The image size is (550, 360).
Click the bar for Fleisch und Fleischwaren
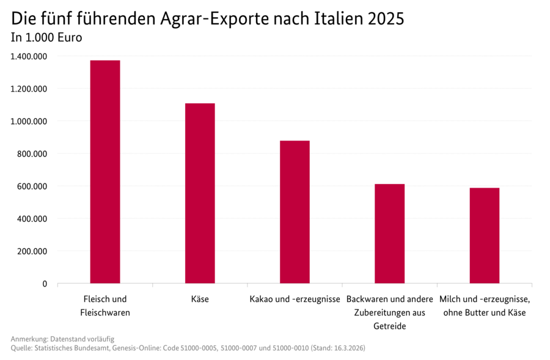[105, 172]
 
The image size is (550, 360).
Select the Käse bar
[200, 193]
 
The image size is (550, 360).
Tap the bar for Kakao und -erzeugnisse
[295, 212]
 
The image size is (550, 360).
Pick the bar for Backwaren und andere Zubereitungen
[389, 233]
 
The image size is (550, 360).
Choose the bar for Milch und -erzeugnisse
[485, 235]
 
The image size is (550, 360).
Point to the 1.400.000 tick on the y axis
[29, 56]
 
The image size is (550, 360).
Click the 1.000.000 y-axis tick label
[29, 121]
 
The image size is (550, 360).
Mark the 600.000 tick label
[32, 186]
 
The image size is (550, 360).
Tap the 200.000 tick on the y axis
[32, 251]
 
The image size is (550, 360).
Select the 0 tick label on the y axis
[45, 284]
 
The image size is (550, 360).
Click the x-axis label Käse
[200, 299]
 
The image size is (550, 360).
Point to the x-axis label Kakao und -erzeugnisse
[295, 299]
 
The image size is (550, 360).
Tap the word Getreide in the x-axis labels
[389, 326]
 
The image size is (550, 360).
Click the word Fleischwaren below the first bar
[105, 313]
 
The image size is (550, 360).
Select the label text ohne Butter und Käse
[485, 313]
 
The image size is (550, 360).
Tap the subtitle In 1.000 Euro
[46, 37]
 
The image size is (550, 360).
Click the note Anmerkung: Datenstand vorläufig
[62, 339]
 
